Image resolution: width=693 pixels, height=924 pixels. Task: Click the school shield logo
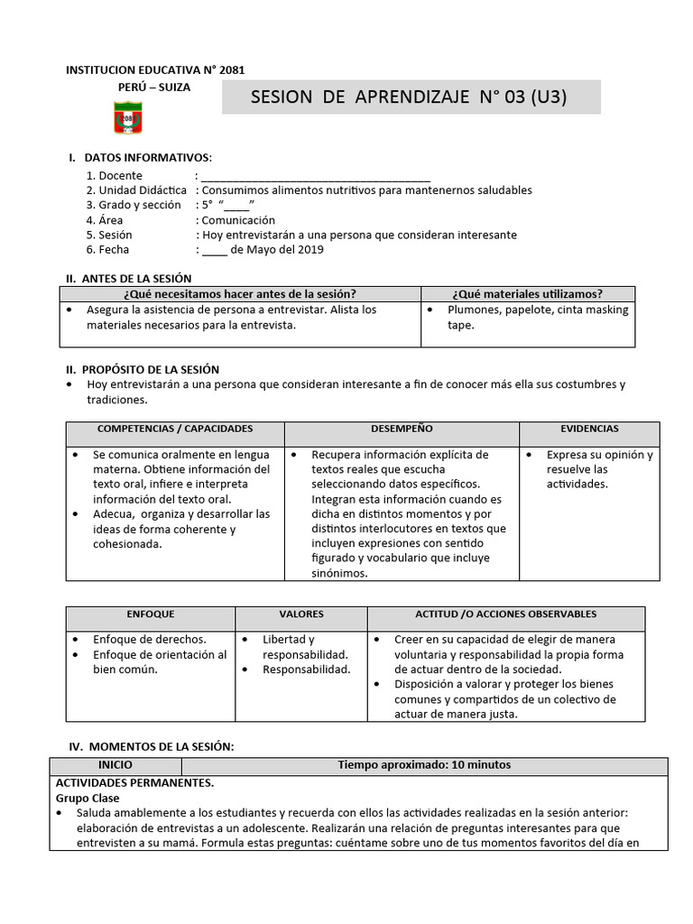pos(127,118)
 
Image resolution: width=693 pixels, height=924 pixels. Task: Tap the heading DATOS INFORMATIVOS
pos(148,158)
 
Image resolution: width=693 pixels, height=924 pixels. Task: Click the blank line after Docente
pos(316,176)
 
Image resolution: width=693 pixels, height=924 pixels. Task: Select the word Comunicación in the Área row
pos(238,220)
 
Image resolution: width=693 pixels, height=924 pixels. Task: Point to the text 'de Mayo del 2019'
pos(277,250)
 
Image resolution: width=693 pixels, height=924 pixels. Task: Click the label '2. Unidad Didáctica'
pos(136,190)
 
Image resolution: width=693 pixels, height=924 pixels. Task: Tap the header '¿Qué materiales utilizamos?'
pos(528,294)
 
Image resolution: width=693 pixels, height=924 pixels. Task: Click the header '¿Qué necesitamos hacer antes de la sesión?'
pos(239,294)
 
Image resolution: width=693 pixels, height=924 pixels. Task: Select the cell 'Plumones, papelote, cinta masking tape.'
pos(537,318)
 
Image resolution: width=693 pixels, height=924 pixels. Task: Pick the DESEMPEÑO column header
pos(402,429)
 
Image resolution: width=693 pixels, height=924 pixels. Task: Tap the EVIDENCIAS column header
pos(589,429)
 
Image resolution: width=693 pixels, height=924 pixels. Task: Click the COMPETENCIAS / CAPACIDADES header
pos(175,429)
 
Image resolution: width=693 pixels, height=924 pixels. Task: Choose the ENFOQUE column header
pos(151,614)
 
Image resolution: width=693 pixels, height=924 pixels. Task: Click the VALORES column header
pos(301,614)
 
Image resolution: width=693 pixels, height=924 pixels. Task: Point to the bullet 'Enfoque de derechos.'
pos(149,640)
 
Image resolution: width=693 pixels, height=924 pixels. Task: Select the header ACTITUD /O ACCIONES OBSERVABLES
pos(505,614)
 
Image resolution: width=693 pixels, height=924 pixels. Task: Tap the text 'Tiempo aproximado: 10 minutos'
pos(424,765)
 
